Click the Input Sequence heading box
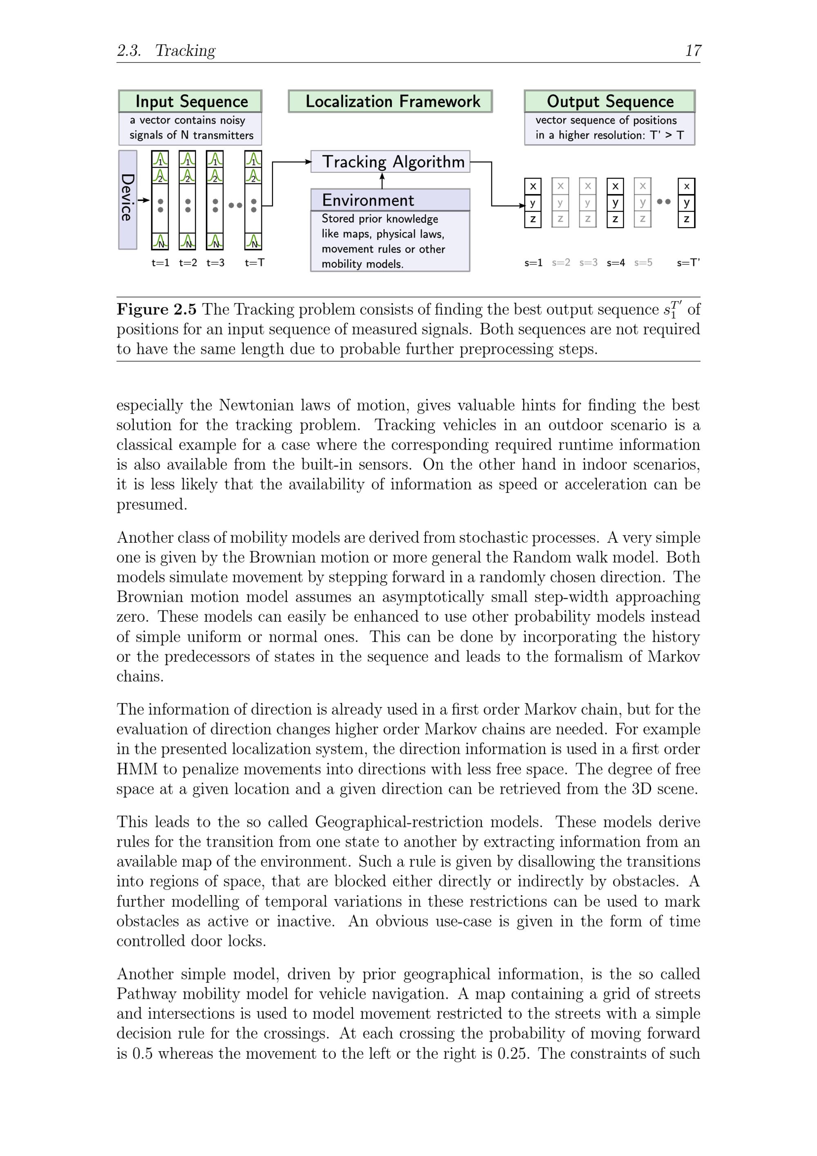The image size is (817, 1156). [x=190, y=101]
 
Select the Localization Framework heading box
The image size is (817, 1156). [x=390, y=101]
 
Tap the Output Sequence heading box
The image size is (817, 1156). [x=609, y=101]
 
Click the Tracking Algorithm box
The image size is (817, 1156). [x=391, y=162]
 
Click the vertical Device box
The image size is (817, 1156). [x=127, y=199]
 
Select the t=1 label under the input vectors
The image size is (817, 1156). [x=160, y=262]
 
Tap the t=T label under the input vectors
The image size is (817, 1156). [x=254, y=262]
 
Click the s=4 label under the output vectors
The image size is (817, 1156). [x=615, y=262]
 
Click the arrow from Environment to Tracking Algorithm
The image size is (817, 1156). [x=382, y=180]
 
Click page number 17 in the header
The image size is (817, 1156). [x=693, y=50]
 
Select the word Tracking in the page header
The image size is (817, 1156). [x=185, y=50]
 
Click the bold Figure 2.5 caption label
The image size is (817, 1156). [x=156, y=309]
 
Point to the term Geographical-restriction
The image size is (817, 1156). [x=429, y=822]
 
